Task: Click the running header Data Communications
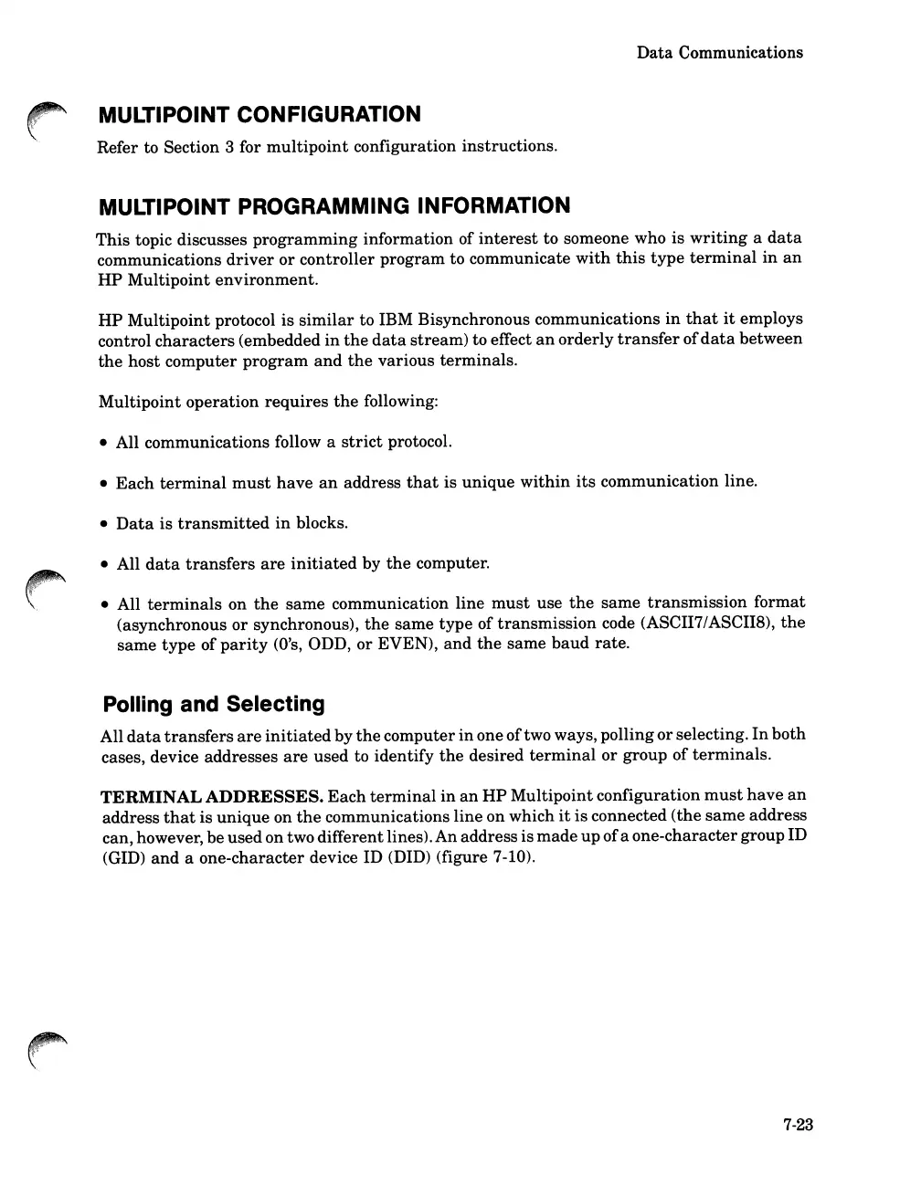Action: click(719, 53)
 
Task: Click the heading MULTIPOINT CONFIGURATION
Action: click(259, 115)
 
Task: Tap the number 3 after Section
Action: click(228, 147)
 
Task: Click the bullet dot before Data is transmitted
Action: click(105, 524)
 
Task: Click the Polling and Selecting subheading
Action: click(214, 705)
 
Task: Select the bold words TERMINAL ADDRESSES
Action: click(211, 796)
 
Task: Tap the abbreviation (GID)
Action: click(124, 858)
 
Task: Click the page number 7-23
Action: click(798, 1126)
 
